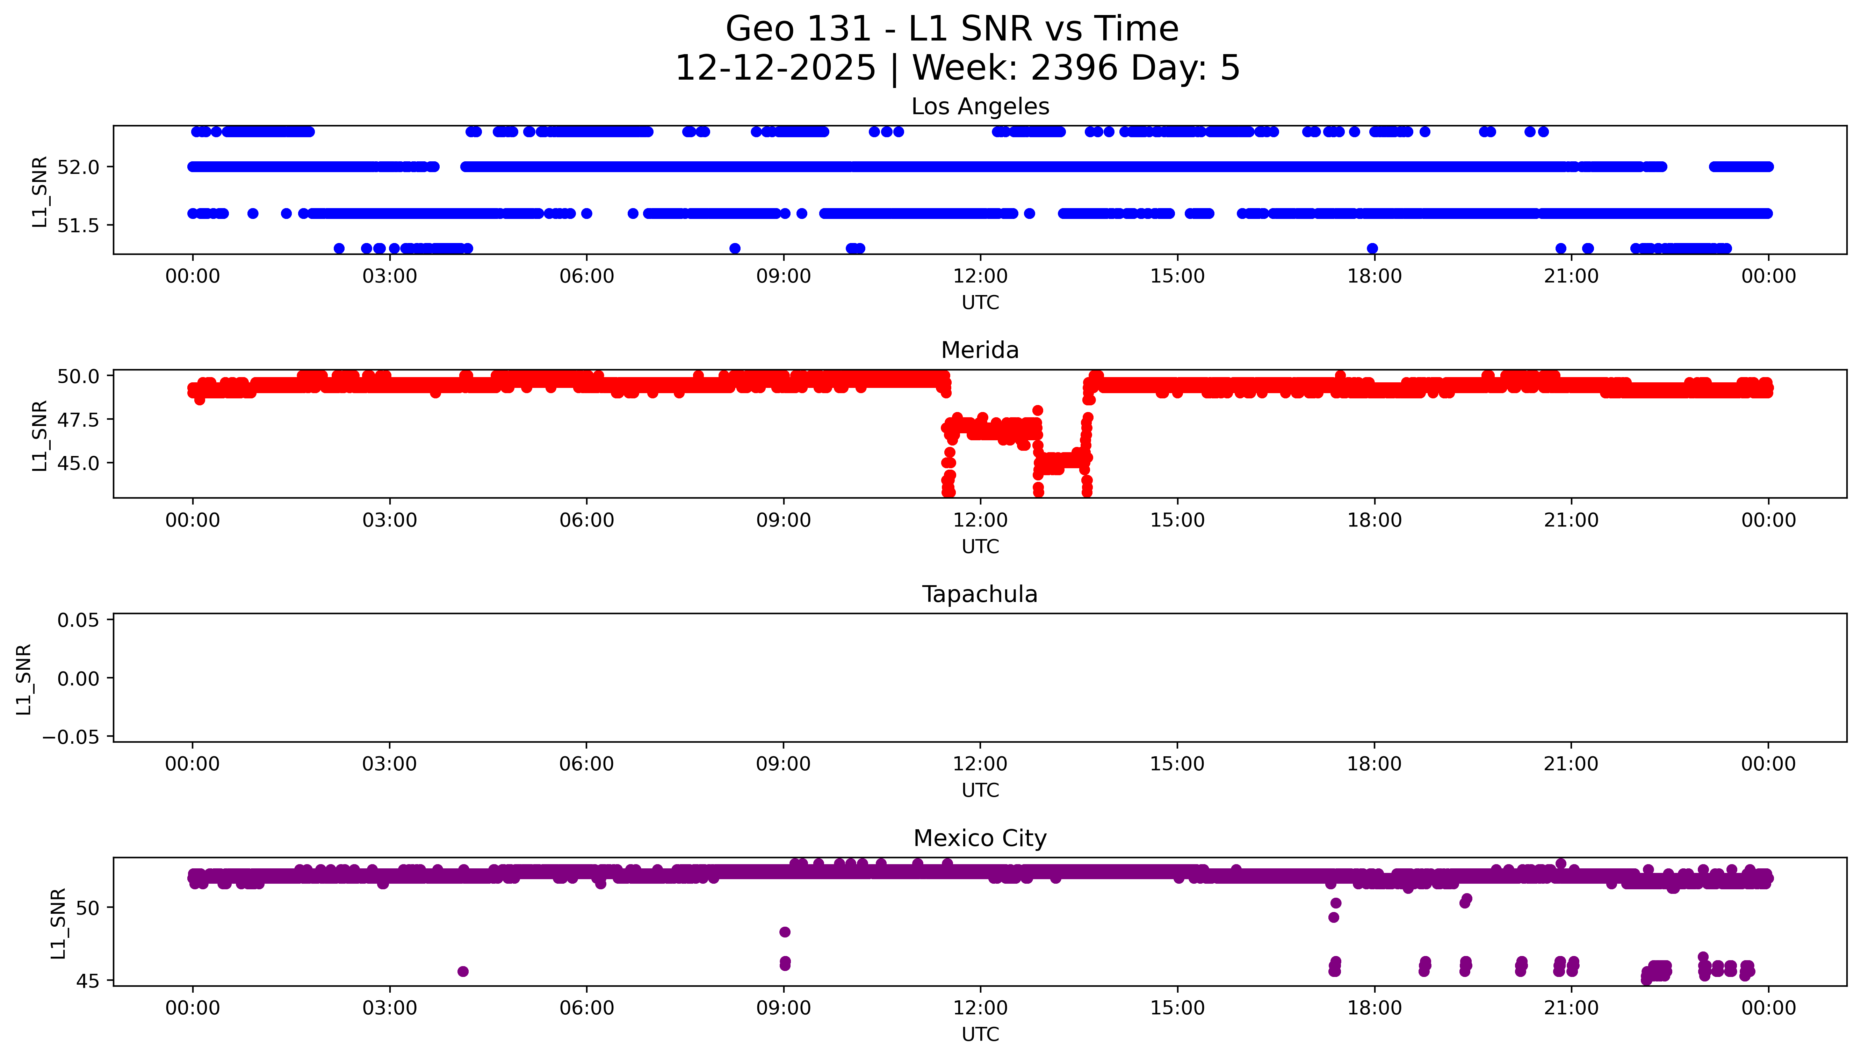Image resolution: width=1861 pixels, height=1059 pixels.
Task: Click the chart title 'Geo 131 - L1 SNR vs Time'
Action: (x=952, y=29)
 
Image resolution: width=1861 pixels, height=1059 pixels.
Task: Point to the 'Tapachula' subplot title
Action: (x=980, y=594)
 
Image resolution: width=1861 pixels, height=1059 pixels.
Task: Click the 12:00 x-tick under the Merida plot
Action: (x=980, y=520)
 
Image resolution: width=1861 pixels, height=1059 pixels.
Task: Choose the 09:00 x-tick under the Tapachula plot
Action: (x=783, y=764)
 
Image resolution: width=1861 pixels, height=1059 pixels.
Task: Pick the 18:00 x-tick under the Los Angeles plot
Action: (x=1374, y=277)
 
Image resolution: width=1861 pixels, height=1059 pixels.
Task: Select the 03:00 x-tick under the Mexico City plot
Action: (x=389, y=1008)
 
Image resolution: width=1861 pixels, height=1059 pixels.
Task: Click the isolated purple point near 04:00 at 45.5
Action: (x=463, y=971)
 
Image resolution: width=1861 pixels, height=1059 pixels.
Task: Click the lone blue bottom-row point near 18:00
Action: (x=1372, y=248)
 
